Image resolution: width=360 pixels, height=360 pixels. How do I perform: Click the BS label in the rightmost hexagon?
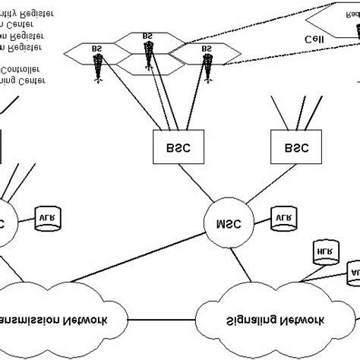click(x=206, y=49)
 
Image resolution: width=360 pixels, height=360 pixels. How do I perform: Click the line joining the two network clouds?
click(x=163, y=317)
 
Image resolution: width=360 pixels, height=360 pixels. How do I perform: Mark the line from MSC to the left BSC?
click(x=201, y=187)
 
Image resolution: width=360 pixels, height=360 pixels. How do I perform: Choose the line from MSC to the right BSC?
click(x=255, y=187)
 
